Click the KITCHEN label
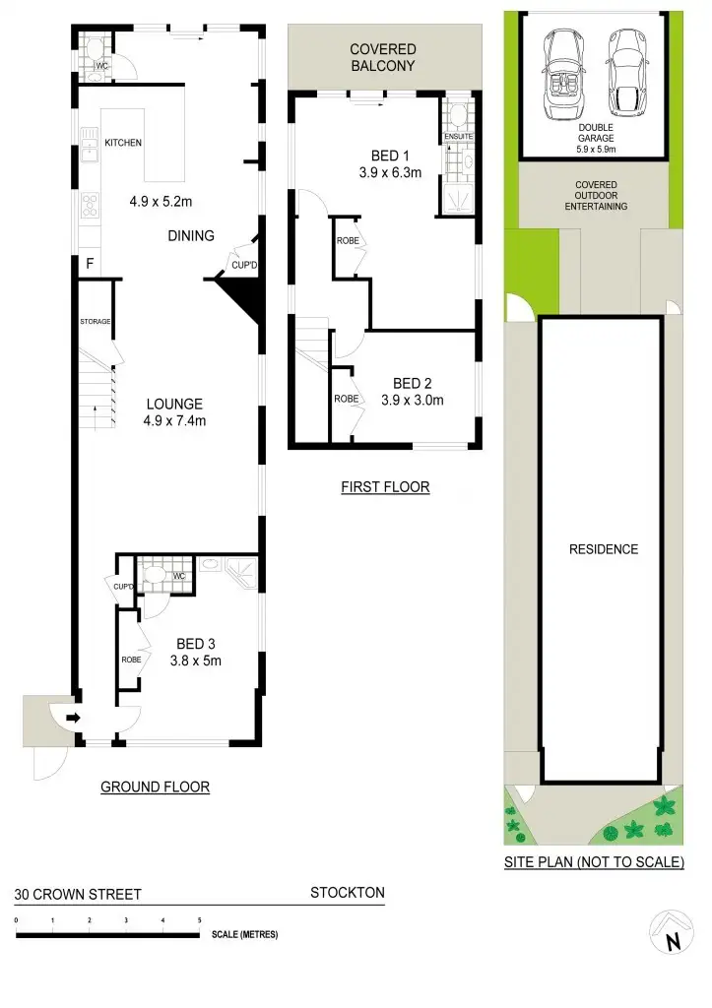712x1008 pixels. coord(124,143)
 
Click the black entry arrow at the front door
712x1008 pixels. coord(73,719)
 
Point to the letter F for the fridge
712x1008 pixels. coord(90,263)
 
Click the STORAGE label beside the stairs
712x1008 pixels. coord(96,322)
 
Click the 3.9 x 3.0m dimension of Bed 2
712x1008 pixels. coord(413,400)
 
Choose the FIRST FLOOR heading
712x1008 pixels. coord(385,486)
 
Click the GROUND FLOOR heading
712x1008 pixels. coord(156,787)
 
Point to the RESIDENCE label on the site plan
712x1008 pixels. coord(604,549)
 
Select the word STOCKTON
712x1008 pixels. coord(347,893)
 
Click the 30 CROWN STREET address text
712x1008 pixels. coord(78,895)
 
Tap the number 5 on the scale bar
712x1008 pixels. coord(200,919)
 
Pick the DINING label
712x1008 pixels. coord(190,235)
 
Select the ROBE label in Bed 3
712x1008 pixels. coord(131,660)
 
